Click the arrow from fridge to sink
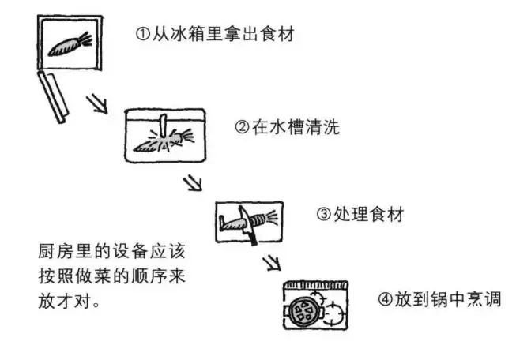click(x=97, y=103)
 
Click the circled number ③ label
click(x=322, y=214)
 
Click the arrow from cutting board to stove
click(x=272, y=261)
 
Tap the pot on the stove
click(x=305, y=312)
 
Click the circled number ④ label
click(x=383, y=299)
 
